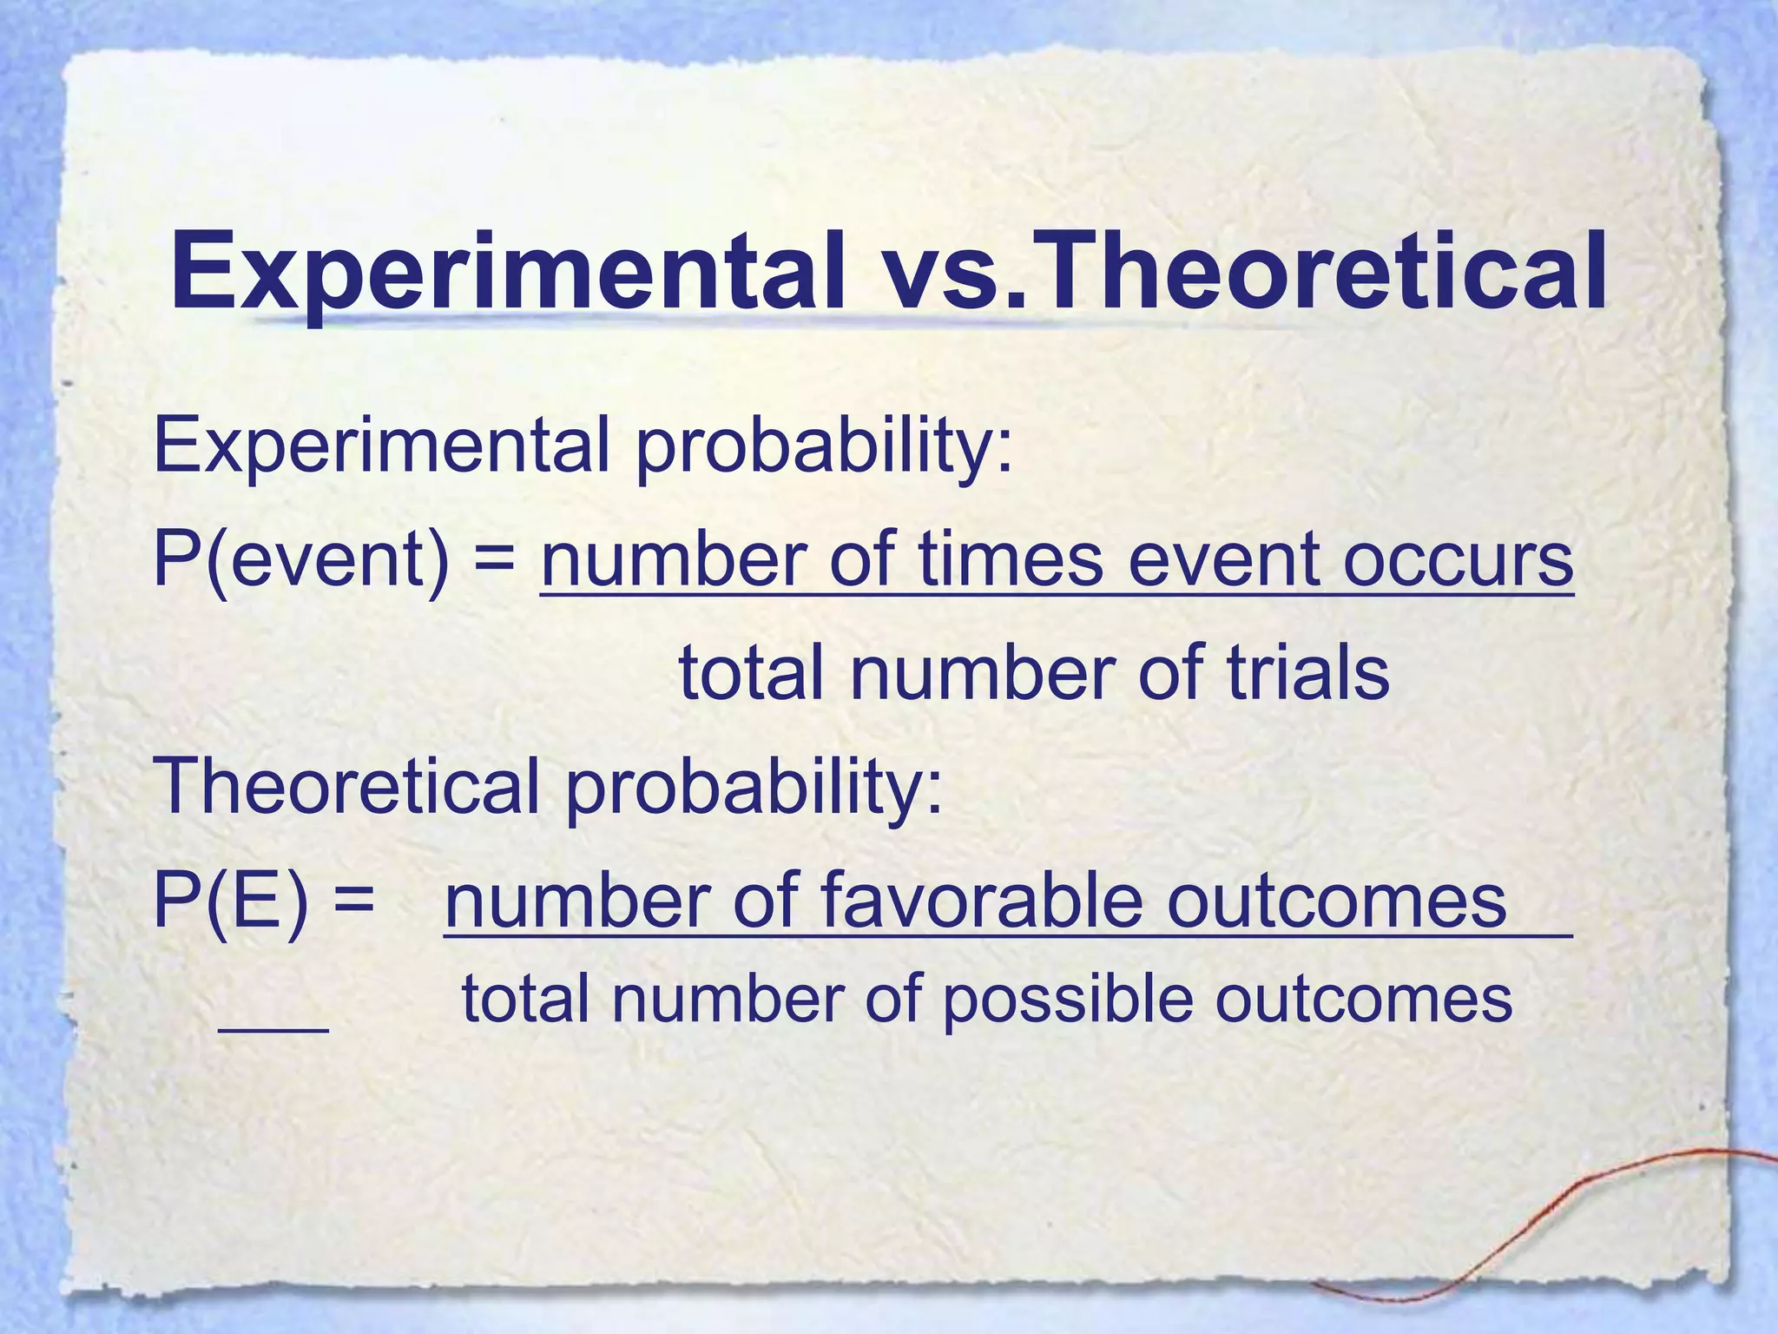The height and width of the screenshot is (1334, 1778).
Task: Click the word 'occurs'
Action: coord(1459,560)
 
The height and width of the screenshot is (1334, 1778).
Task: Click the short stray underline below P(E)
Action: coord(273,1030)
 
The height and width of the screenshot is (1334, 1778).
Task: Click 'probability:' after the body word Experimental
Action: coord(825,447)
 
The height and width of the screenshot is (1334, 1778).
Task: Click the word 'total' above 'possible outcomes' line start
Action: coord(525,999)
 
